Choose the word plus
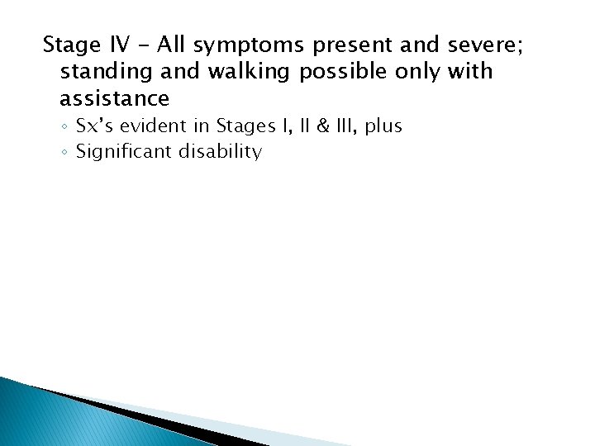point(385,126)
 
